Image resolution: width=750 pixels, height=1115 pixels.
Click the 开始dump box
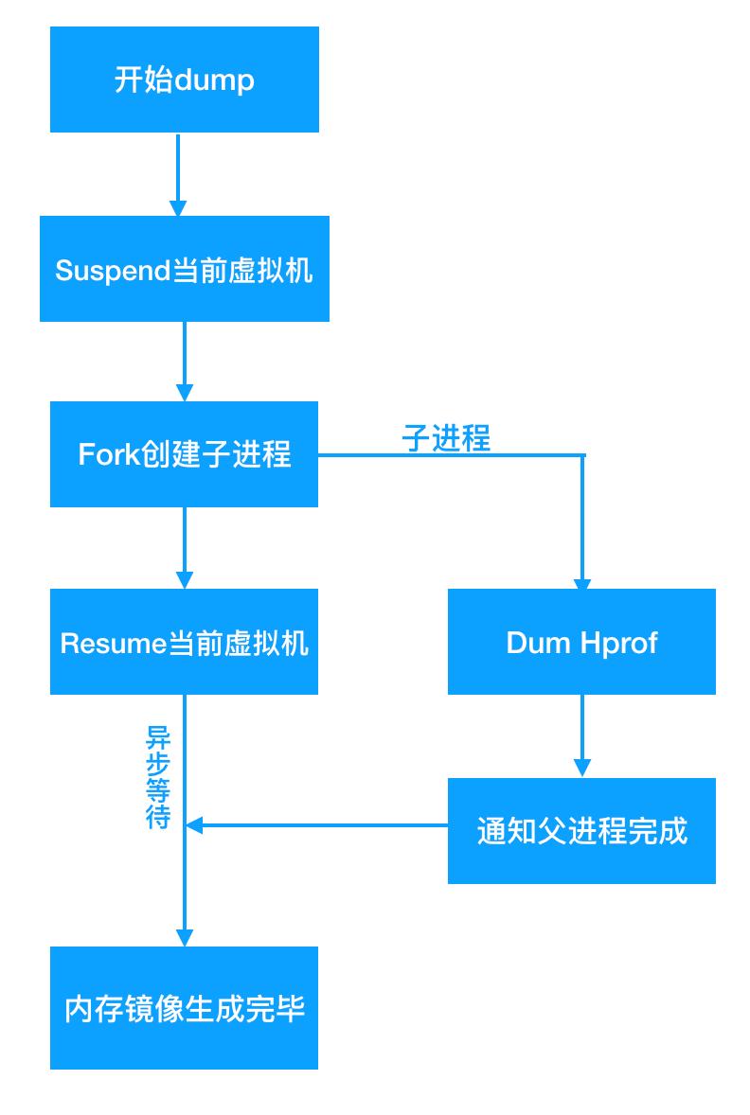(x=185, y=79)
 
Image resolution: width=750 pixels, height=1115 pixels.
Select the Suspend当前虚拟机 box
(x=185, y=269)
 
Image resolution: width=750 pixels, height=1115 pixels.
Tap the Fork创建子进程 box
(x=184, y=453)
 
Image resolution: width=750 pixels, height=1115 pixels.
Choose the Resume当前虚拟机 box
(x=184, y=642)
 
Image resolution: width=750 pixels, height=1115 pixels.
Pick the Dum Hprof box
(x=581, y=642)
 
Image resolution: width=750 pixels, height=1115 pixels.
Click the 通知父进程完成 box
(x=581, y=830)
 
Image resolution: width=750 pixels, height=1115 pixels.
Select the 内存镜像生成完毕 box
(x=184, y=1008)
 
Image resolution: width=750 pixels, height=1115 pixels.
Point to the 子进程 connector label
(x=446, y=437)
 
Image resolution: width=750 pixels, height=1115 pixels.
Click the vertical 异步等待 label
(x=158, y=777)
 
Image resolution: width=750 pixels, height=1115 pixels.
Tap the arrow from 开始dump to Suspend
(x=178, y=174)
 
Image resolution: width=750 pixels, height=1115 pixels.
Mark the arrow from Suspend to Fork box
(x=185, y=362)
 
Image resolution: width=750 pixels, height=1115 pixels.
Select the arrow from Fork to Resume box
(x=185, y=547)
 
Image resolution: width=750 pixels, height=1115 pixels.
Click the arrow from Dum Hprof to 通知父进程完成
(x=582, y=736)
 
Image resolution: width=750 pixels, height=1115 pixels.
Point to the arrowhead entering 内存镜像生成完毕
(x=185, y=937)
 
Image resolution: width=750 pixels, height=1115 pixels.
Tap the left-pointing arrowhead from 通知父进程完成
(x=193, y=825)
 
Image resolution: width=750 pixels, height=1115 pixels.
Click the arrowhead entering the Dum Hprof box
(x=582, y=583)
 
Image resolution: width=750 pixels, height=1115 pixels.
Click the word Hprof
(x=618, y=644)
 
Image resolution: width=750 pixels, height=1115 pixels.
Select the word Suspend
(x=113, y=271)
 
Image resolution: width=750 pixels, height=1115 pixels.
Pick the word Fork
(x=107, y=454)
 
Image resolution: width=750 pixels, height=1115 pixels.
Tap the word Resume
(x=113, y=644)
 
